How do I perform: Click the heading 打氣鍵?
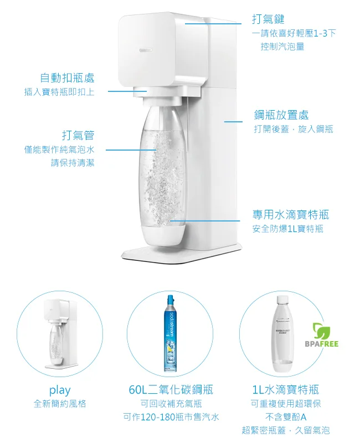[x=268, y=19]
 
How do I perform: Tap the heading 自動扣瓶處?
[x=67, y=78]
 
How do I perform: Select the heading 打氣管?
[x=78, y=135]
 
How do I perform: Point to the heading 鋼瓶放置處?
[x=281, y=115]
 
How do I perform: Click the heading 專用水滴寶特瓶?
[x=290, y=215]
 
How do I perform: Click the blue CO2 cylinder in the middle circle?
[x=170, y=334]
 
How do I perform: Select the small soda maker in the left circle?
[x=60, y=334]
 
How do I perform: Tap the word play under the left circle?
[x=60, y=390]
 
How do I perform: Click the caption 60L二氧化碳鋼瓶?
[x=171, y=390]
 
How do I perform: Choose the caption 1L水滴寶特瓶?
[x=285, y=390]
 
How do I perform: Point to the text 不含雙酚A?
[x=286, y=417]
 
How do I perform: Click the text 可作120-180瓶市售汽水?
[x=171, y=417]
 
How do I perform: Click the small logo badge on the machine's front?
[x=146, y=50]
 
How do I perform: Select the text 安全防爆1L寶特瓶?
[x=287, y=229]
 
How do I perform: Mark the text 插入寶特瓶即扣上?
[x=59, y=92]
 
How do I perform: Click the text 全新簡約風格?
[x=60, y=404]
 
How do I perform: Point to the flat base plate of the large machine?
[x=182, y=253]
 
